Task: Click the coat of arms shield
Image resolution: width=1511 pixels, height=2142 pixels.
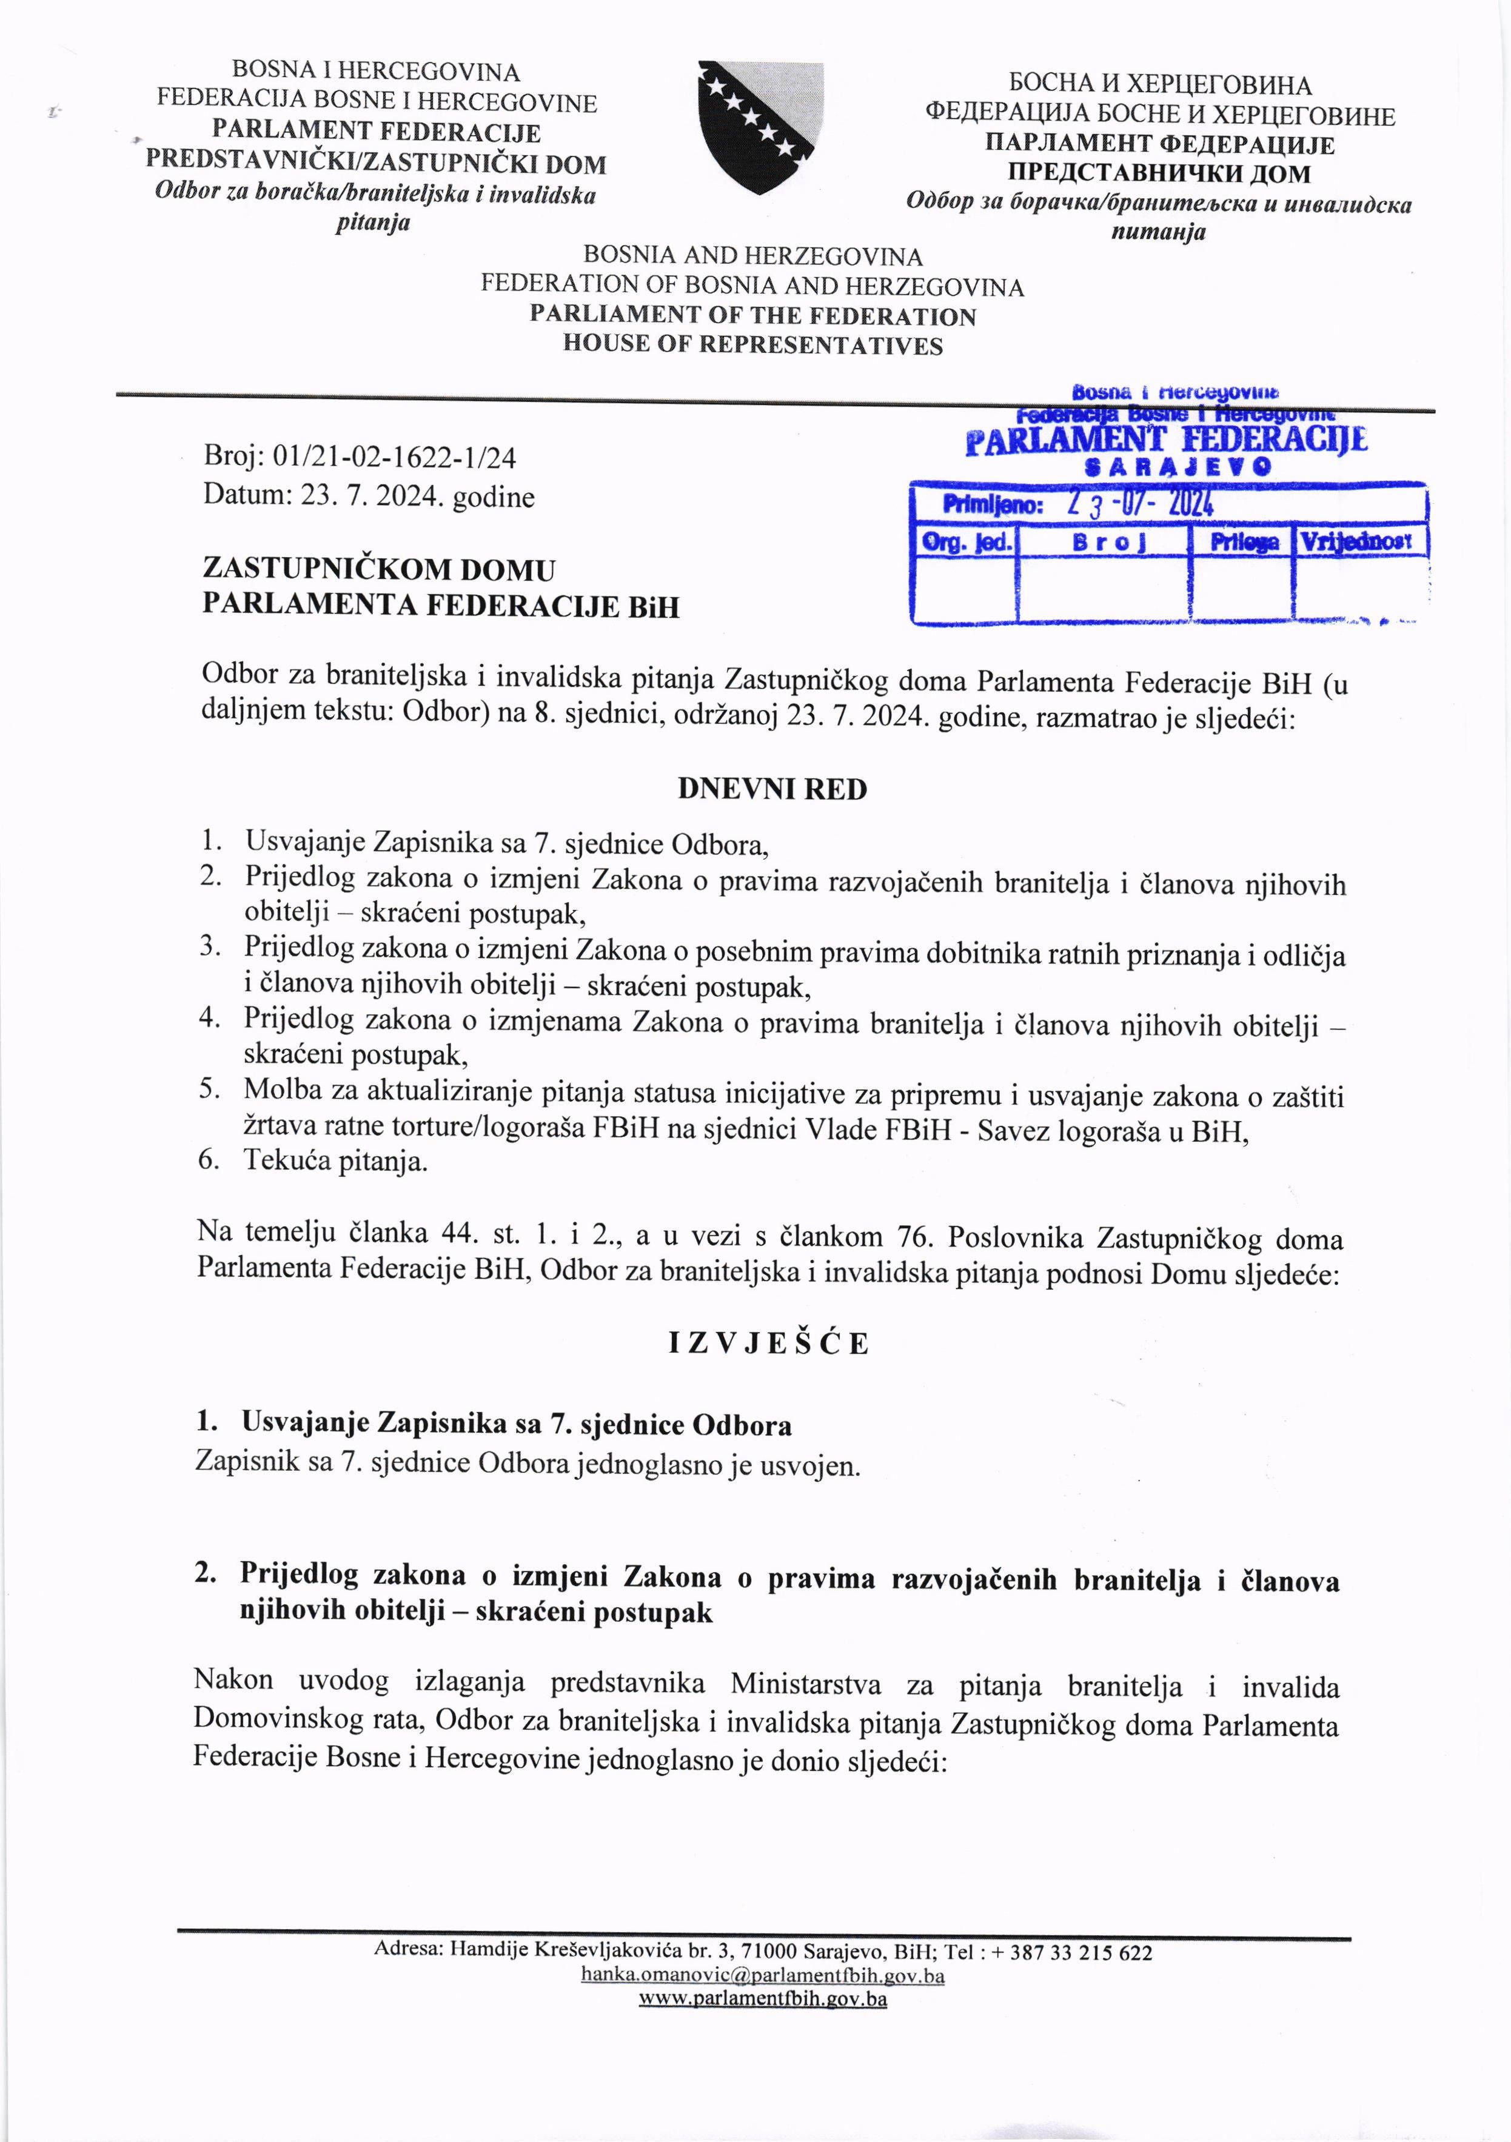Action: [x=760, y=127]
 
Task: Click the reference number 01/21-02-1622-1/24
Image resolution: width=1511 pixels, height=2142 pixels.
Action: [x=392, y=457]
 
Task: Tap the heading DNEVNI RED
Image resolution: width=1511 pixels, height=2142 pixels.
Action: [x=772, y=789]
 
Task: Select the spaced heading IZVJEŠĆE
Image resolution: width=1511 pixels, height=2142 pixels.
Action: [x=768, y=1344]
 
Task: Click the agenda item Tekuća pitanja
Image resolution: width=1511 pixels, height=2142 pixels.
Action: [x=336, y=1162]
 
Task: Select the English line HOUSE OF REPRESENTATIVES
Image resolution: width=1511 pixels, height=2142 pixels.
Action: [x=752, y=345]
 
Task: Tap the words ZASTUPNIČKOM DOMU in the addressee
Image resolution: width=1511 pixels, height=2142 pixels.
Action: [x=379, y=569]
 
